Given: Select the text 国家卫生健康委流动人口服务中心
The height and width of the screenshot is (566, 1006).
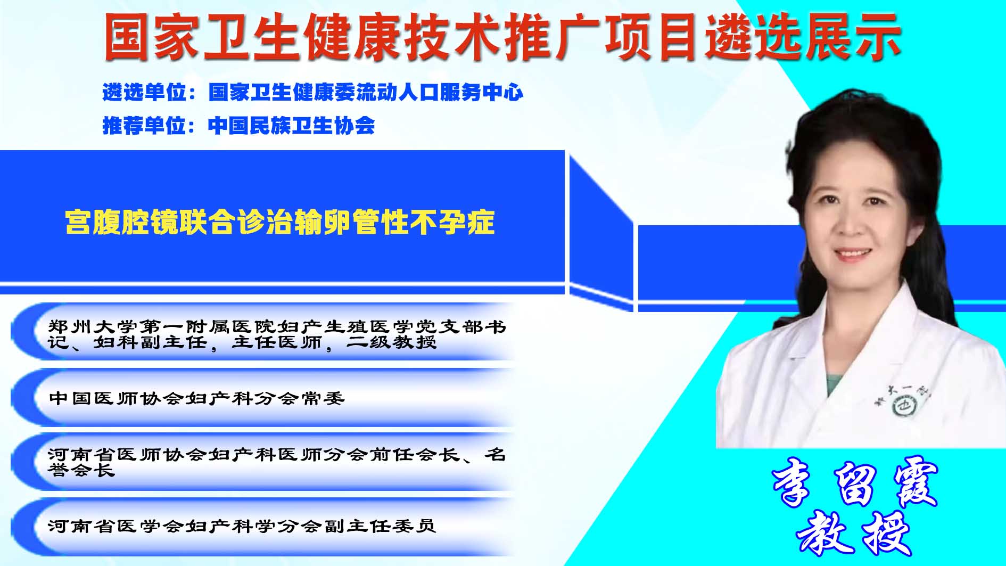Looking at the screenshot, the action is tap(366, 93).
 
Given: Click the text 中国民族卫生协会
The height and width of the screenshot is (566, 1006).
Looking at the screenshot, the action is tap(292, 126).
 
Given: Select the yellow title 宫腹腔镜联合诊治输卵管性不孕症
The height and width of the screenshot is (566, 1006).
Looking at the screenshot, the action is tap(280, 222).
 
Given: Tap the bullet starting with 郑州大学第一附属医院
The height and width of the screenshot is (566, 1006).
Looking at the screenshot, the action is tap(277, 334).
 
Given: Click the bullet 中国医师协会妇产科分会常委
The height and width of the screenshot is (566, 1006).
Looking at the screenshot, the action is tap(197, 398).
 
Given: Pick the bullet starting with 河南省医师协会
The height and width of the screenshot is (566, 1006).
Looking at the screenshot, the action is tap(277, 462).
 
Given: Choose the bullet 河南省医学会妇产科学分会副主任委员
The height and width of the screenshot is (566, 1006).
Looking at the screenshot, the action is tap(242, 526).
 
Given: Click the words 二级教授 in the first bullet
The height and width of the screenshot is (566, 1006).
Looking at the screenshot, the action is tap(392, 342).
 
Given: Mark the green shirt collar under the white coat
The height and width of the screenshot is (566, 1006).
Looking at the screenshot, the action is tap(834, 382).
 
